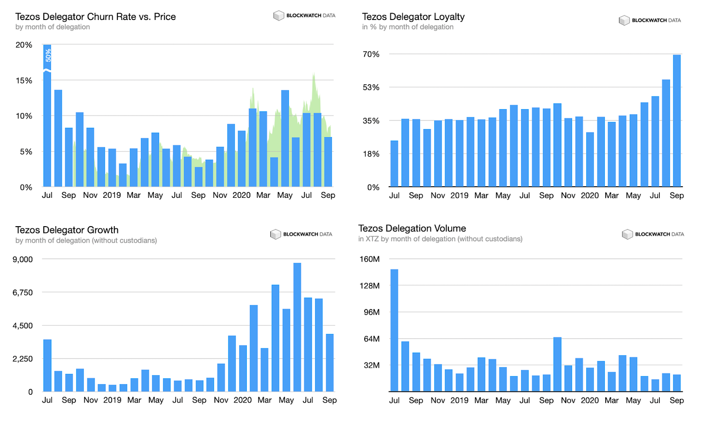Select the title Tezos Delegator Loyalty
(413, 17)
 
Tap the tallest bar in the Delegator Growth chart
(297, 327)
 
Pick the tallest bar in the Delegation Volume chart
(394, 330)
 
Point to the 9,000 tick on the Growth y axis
(23, 259)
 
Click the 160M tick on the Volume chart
(370, 259)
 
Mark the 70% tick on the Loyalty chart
(371, 54)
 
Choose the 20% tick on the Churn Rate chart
(24, 45)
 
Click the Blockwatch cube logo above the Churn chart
(279, 16)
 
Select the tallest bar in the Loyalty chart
(677, 120)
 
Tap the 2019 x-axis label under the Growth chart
(112, 400)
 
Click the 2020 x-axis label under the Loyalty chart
(590, 195)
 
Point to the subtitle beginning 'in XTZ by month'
(440, 239)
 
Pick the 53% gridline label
(371, 87)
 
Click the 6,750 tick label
(23, 292)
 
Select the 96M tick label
(370, 312)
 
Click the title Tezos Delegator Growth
(67, 230)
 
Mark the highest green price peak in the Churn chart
(314, 75)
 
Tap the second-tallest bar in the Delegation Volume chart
(558, 364)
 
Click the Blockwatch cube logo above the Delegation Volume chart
(627, 234)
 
